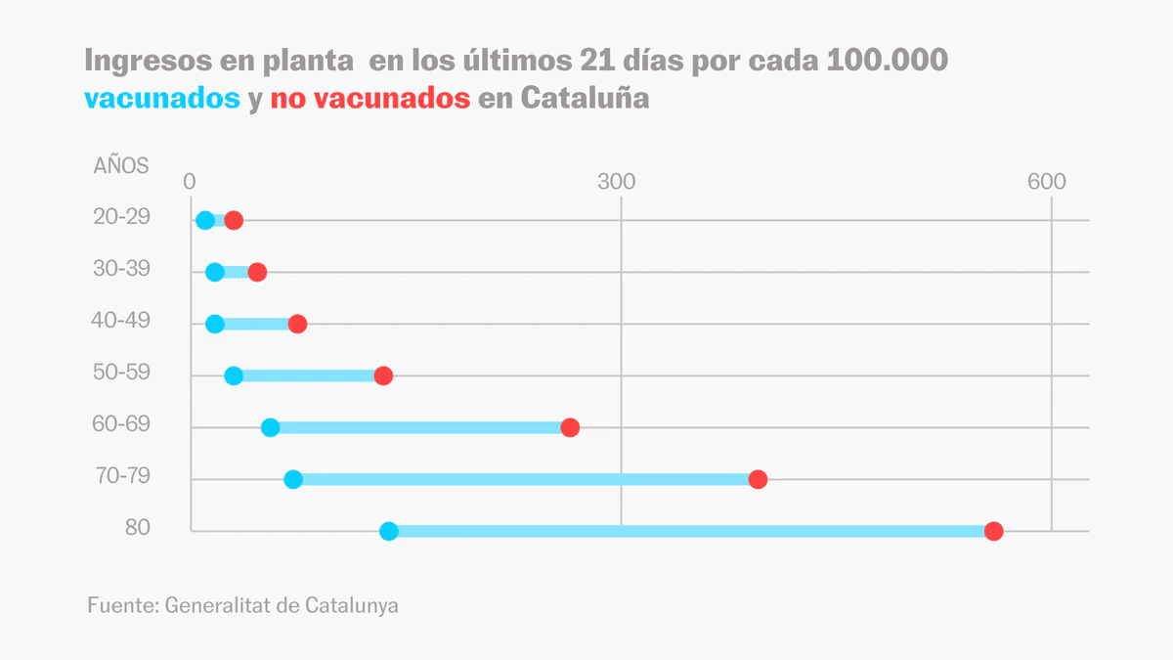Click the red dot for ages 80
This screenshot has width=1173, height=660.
point(993,531)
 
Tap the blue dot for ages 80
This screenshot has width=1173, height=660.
point(389,531)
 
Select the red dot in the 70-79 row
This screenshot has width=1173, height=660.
point(758,479)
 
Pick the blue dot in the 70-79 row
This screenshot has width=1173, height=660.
point(293,479)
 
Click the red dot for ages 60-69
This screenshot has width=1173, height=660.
point(570,427)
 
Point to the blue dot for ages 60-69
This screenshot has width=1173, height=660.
point(271,427)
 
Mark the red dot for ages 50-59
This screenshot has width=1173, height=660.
point(383,375)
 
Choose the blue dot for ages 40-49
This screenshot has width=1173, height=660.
point(215,324)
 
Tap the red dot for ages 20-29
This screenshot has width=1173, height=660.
point(234,220)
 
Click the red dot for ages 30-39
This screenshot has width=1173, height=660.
point(257,272)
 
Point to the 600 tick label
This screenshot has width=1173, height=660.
point(1046,183)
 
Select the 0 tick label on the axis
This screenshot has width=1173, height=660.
point(191,183)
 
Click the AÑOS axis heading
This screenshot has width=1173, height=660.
point(121,165)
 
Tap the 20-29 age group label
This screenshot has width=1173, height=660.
point(121,217)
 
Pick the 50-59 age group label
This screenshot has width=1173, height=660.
point(121,373)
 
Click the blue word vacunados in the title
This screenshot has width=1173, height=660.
point(162,99)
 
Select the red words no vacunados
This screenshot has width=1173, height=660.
point(369,99)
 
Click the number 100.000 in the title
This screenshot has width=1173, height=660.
point(887,61)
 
